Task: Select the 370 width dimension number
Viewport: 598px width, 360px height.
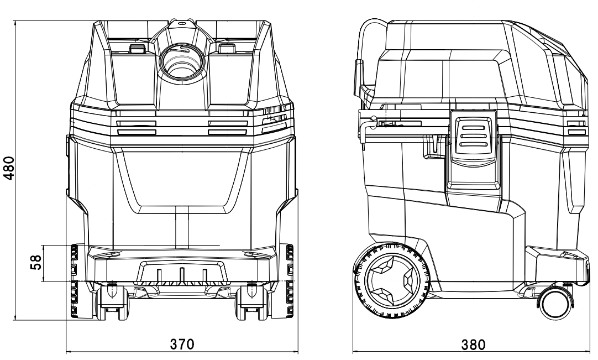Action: tap(182, 344)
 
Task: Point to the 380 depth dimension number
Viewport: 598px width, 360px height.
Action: tap(474, 344)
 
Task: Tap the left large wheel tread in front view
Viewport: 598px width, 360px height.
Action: tap(73, 282)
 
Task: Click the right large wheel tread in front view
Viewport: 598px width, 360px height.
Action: tap(289, 282)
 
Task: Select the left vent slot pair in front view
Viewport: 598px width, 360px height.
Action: tap(137, 128)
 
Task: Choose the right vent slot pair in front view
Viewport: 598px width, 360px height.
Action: tap(227, 128)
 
